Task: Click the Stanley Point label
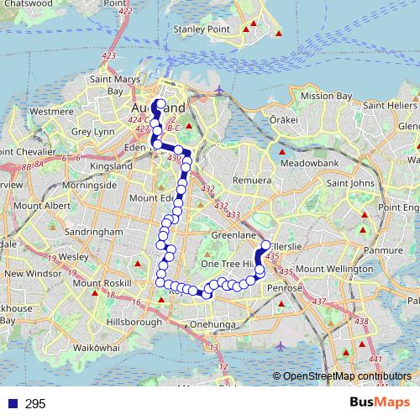tap(202, 30)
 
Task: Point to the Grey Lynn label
tap(92, 132)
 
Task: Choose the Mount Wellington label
tap(333, 269)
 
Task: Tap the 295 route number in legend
tap(35, 404)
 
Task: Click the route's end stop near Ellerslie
tap(265, 245)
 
